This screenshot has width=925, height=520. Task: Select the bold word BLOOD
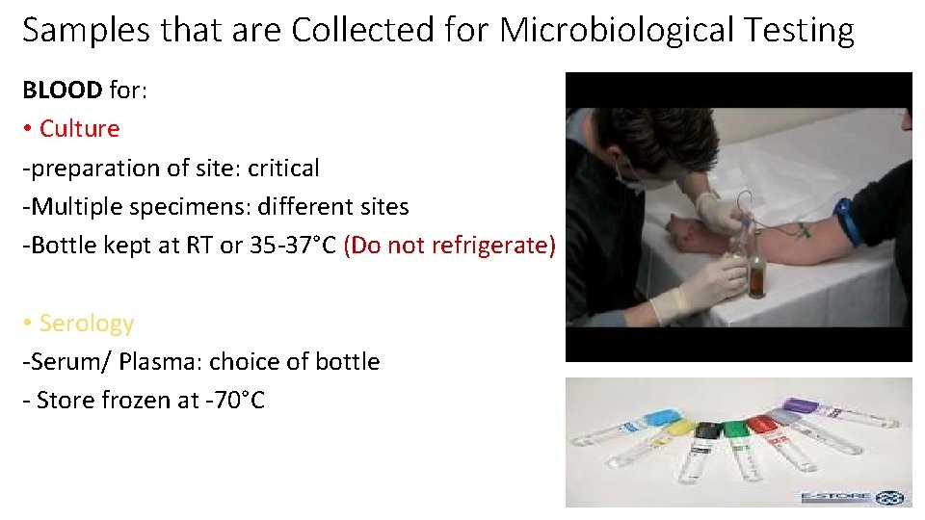pos(62,91)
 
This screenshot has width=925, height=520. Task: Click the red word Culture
pos(80,129)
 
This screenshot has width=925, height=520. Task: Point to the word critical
pos(283,168)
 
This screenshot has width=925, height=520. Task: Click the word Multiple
pos(73,207)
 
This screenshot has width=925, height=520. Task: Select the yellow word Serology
pos(87,324)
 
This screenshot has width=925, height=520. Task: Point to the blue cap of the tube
pos(660,419)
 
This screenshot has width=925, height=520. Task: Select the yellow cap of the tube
pos(679,427)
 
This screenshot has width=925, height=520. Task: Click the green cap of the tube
pos(736,428)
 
